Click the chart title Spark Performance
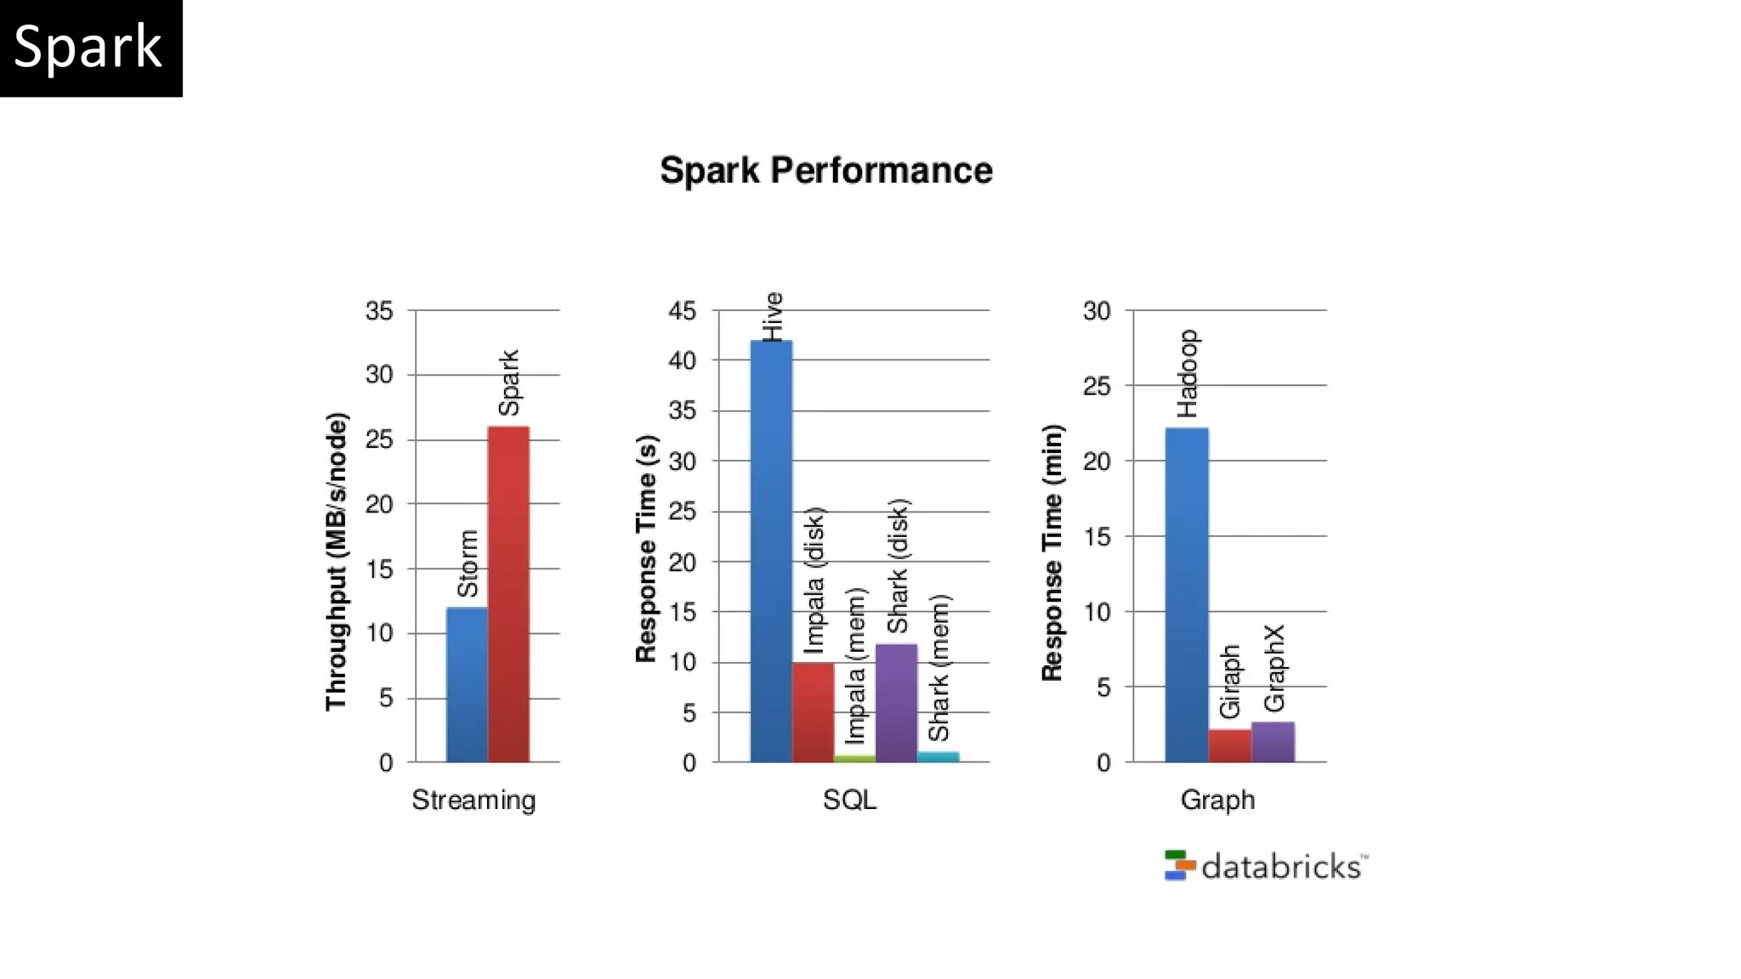coord(825,171)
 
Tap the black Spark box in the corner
coord(90,48)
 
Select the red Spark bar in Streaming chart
coord(508,595)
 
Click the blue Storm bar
coord(467,685)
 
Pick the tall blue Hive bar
coord(771,552)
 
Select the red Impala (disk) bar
coord(813,712)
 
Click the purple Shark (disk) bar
coord(896,703)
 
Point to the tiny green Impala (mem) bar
coord(854,758)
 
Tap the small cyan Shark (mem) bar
coord(938,756)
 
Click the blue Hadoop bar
coord(1187,595)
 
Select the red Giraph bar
coord(1229,745)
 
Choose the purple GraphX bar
coord(1273,742)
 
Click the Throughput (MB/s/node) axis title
coord(337,561)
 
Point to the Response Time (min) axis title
coord(1052,552)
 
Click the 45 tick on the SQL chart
coord(682,311)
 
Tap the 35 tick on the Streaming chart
coord(379,311)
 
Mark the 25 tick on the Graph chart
coord(1097,387)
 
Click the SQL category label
coord(849,800)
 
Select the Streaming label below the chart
coord(474,800)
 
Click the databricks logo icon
coord(1179,865)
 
